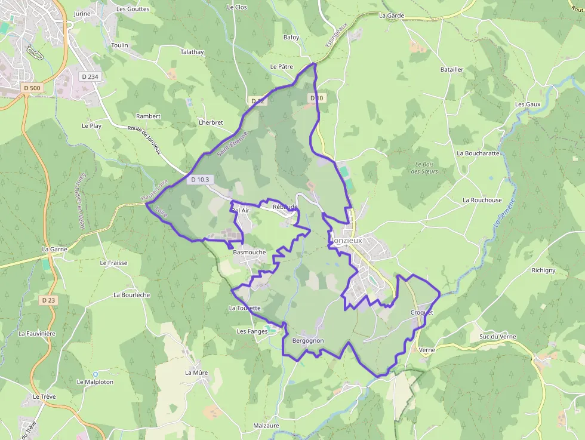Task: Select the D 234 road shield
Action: coord(89,76)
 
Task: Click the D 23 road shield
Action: coord(48,300)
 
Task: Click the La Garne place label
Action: coord(54,249)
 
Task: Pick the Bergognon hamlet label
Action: coord(308,341)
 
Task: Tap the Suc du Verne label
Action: coord(497,337)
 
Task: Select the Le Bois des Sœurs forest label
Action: coord(424,168)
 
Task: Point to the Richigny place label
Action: coord(543,270)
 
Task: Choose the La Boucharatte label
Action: coord(478,153)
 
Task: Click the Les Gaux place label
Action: coord(528,104)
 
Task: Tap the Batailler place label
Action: coord(451,70)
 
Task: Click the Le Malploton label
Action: coord(95,382)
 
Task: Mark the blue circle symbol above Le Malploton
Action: coord(95,374)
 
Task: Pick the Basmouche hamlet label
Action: coord(249,253)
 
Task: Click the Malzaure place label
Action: coord(266,426)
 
